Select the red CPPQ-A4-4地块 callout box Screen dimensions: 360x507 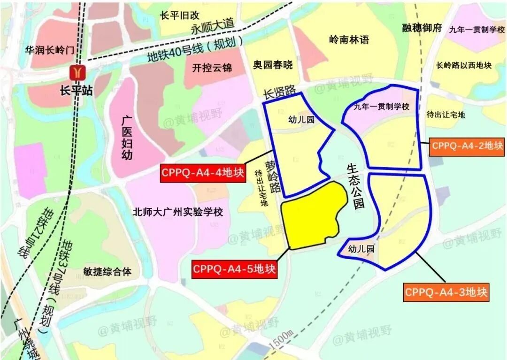[x=203, y=173]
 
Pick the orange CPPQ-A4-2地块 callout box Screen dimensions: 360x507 [x=467, y=146]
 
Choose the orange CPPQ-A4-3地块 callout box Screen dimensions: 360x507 [x=446, y=292]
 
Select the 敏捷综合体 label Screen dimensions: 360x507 [x=108, y=271]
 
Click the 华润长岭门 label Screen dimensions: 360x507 [x=50, y=50]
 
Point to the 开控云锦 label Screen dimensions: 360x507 [x=212, y=68]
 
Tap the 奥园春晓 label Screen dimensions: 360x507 [x=273, y=64]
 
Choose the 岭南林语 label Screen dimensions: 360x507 [x=349, y=39]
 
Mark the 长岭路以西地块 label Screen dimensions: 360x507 [x=464, y=65]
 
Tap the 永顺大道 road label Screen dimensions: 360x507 [x=212, y=28]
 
